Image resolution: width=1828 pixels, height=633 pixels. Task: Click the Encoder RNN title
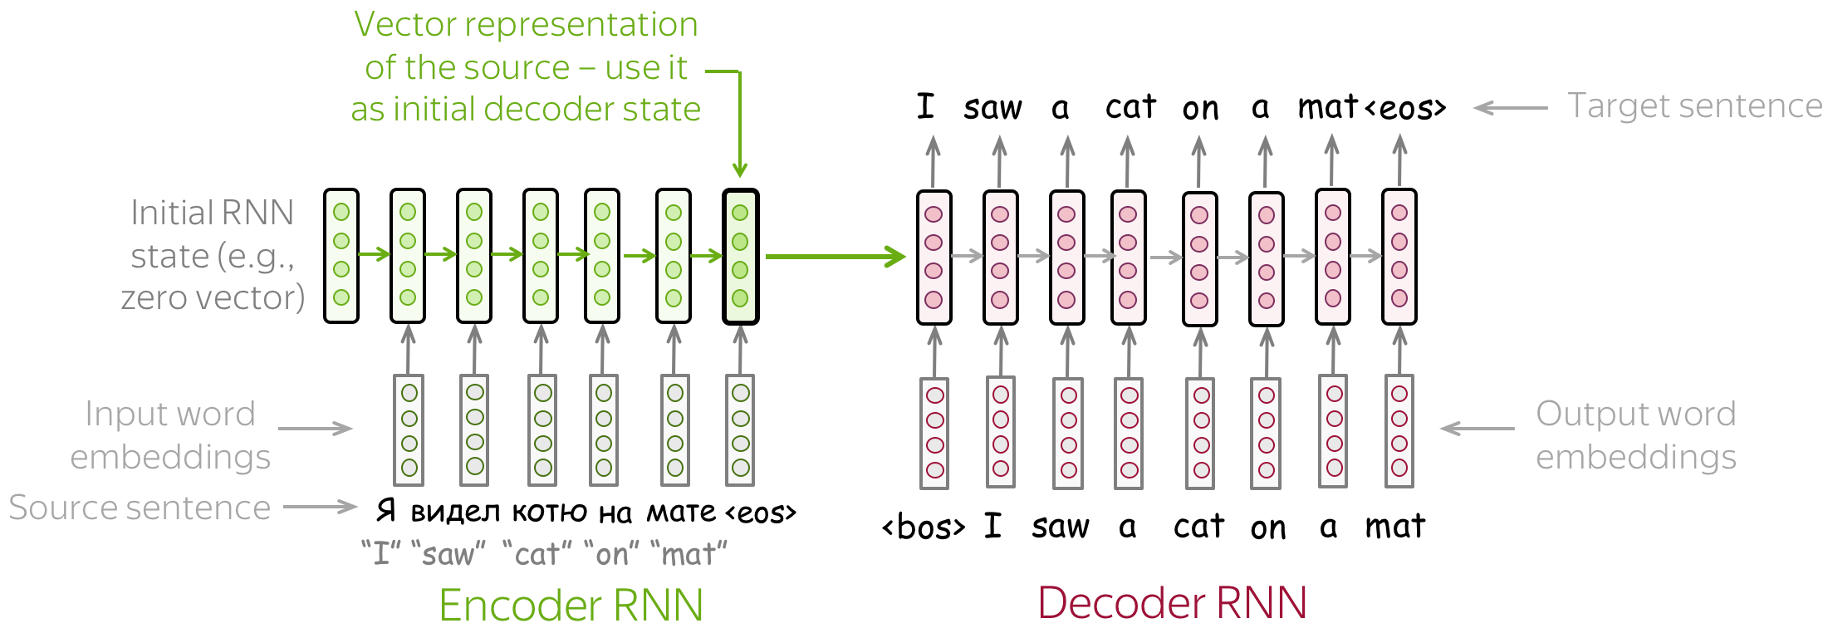pos(571,605)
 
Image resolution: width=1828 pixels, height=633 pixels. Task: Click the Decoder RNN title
pos(1172,603)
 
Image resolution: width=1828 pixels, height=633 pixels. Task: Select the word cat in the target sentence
pos(1130,107)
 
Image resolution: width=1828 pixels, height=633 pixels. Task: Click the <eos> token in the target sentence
pos(1405,108)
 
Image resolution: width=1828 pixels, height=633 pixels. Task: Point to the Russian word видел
pos(455,512)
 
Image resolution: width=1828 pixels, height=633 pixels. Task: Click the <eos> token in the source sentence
pos(761,513)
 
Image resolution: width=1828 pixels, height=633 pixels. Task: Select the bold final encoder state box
pos(740,256)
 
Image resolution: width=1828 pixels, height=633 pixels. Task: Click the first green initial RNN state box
pos(341,256)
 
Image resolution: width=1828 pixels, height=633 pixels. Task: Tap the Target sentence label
pos(1693,106)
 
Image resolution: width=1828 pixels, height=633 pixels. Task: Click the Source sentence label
pos(140,508)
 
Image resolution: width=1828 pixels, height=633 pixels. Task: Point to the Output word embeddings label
pos(1635,435)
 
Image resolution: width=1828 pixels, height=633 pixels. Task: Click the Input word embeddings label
pos(170,435)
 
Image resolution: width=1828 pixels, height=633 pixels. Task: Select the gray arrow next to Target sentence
pos(1510,108)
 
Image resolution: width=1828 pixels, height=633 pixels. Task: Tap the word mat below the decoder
pos(1394,527)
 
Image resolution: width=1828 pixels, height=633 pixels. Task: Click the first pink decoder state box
pos(934,257)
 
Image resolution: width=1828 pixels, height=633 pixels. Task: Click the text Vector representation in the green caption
pos(526,24)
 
